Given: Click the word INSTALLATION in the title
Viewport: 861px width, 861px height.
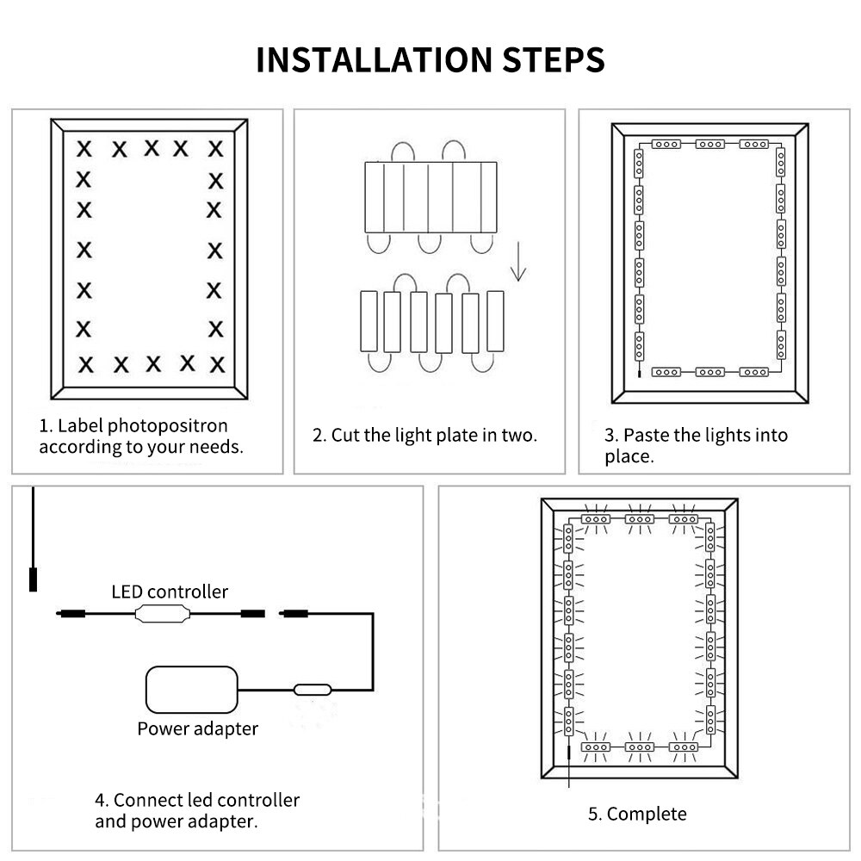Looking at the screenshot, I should point(371,60).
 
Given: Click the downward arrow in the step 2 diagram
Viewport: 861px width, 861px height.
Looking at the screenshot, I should point(517,263).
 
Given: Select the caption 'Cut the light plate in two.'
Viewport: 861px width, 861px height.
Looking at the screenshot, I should point(434,435).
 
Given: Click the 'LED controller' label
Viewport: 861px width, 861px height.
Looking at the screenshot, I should point(170,592).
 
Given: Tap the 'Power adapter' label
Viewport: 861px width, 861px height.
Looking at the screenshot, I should point(197,728).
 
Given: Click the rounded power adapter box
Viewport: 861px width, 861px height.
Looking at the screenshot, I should point(192,689).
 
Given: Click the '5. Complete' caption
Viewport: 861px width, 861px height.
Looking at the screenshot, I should point(637,814).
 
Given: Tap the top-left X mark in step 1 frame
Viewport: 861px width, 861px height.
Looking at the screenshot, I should point(84,148).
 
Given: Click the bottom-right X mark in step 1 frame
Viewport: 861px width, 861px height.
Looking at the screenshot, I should point(217,363).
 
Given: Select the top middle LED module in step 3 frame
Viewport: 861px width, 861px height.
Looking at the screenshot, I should point(709,144).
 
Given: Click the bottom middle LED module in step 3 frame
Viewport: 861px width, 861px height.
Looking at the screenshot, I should point(709,372).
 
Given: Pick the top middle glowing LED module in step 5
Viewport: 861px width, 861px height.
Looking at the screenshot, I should point(638,518).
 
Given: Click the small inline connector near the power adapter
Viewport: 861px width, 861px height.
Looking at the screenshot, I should point(311,689).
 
